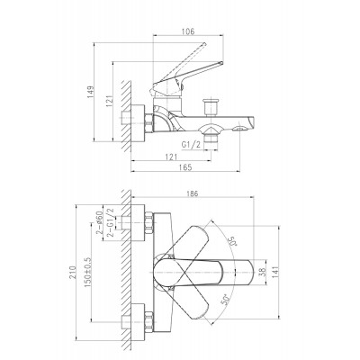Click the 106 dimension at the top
point(188,31)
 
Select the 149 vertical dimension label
point(90,93)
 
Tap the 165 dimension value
point(185,167)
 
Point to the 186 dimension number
point(192,193)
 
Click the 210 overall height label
point(72,272)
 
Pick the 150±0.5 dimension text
point(87,272)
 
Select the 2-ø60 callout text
point(99,222)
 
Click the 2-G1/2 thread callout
point(110,222)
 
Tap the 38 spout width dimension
point(263,272)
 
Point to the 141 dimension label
point(275,272)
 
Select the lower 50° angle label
point(226,300)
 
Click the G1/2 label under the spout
point(191,145)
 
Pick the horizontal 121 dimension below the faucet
point(171,157)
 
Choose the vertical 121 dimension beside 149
point(109,101)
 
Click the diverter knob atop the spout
point(211,107)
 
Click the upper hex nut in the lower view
point(149,223)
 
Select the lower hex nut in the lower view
point(149,321)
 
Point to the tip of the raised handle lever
point(205,44)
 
